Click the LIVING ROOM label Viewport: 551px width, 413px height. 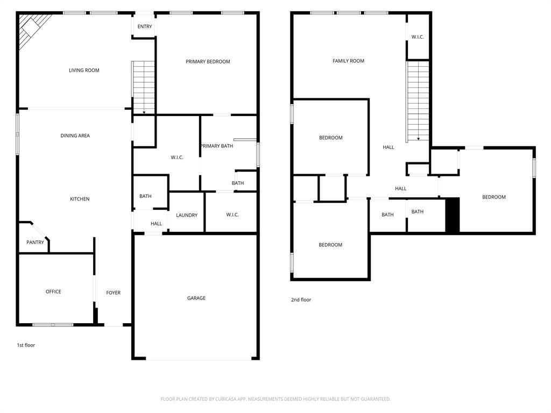(84, 70)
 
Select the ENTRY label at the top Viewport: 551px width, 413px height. (145, 27)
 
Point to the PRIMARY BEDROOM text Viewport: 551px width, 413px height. (208, 62)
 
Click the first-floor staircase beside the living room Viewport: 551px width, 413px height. (144, 86)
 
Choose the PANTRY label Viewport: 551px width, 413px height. (36, 243)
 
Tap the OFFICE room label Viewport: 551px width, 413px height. (53, 291)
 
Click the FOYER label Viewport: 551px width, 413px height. (113, 293)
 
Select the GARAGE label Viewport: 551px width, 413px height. (196, 298)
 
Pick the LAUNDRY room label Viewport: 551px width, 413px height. (187, 215)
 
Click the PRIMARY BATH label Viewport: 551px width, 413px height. (217, 146)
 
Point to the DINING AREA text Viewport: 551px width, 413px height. (75, 136)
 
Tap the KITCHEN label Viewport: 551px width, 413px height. (80, 200)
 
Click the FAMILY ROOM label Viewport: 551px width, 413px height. (348, 61)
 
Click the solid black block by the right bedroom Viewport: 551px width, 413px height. (453, 215)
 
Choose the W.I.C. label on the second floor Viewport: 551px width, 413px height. (418, 37)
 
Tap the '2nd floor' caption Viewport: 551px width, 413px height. (301, 300)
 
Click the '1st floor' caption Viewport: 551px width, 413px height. (26, 345)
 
